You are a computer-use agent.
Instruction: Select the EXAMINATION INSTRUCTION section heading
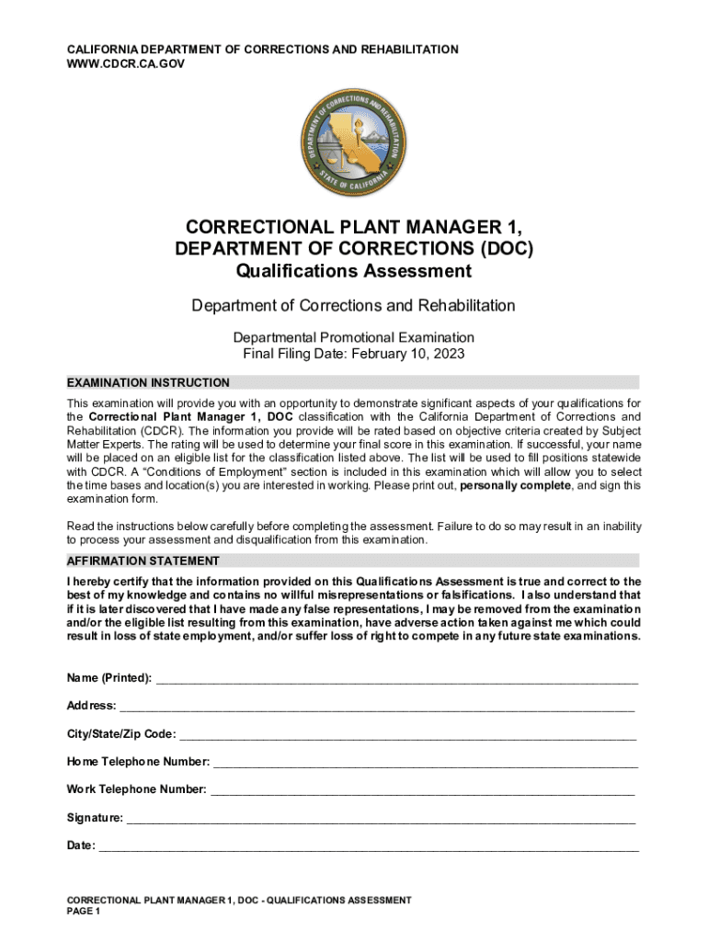click(148, 382)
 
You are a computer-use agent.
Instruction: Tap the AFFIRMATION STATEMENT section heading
click(143, 561)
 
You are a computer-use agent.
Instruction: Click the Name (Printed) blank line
click(396, 680)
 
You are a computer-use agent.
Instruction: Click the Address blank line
click(377, 708)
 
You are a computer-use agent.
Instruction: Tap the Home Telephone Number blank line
click(425, 763)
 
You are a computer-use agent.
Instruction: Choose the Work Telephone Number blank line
click(422, 790)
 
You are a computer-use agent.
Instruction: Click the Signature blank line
click(380, 819)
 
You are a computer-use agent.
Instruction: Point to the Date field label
click(80, 846)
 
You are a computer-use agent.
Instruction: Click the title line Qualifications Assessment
click(353, 271)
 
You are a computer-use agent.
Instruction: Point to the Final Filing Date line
click(353, 354)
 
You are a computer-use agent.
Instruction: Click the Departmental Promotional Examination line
click(353, 337)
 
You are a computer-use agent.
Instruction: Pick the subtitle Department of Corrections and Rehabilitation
click(353, 305)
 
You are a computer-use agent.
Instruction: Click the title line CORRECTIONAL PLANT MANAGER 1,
click(353, 227)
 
